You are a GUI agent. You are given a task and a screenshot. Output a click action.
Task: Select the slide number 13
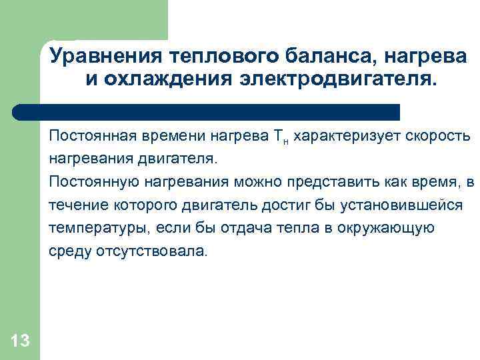click(x=20, y=341)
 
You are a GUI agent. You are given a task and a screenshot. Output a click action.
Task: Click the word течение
click(x=72, y=205)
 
